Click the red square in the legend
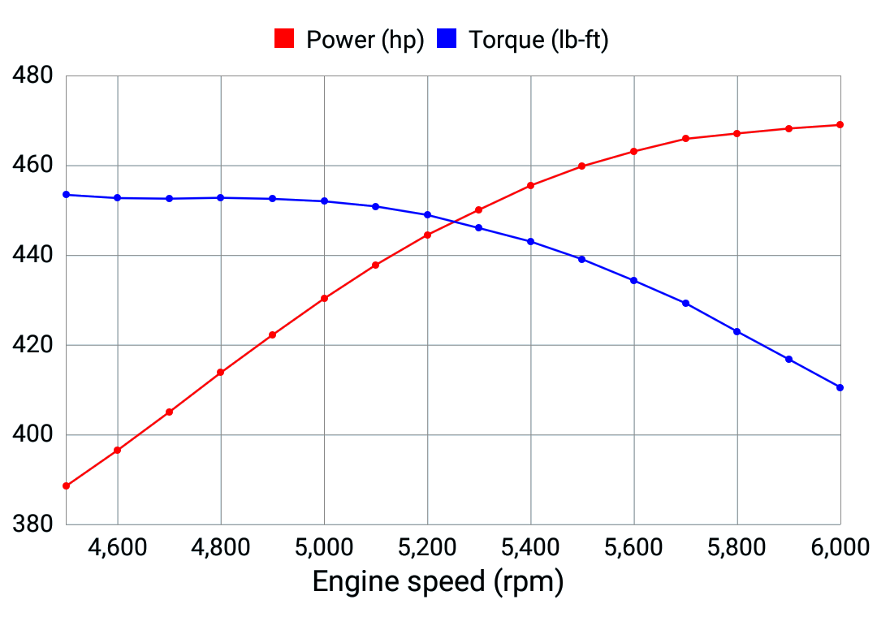(283, 38)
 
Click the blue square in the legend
(447, 38)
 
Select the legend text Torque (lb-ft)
(538, 39)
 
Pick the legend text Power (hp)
(365, 39)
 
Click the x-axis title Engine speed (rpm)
(438, 582)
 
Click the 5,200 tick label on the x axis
(427, 547)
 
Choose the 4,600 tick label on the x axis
(118, 547)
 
